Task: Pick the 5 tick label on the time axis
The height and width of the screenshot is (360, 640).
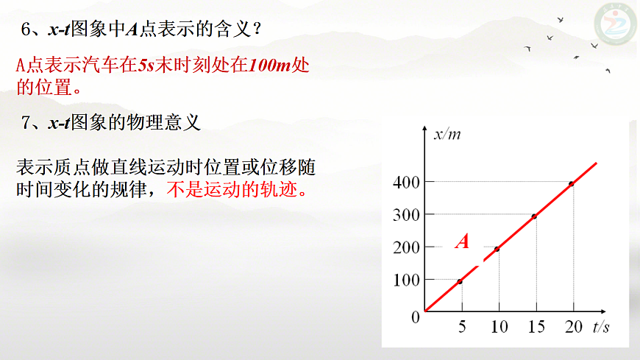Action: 462,327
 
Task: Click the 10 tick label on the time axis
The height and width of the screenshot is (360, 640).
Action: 499,327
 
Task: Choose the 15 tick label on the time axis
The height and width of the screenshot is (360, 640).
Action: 536,327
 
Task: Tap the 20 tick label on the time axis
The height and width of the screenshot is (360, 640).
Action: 574,327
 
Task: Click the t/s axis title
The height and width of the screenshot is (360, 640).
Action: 601,327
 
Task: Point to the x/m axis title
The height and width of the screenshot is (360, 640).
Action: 447,134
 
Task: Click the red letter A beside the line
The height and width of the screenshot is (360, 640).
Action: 462,241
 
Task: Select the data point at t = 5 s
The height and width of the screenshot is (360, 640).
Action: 460,281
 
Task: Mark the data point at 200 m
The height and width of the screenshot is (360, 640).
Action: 497,249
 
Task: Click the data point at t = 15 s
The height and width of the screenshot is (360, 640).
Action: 534,216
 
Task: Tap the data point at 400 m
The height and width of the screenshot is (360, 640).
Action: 571,183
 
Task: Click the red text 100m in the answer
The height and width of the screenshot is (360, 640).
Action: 271,65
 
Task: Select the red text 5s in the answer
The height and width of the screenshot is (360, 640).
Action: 146,65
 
